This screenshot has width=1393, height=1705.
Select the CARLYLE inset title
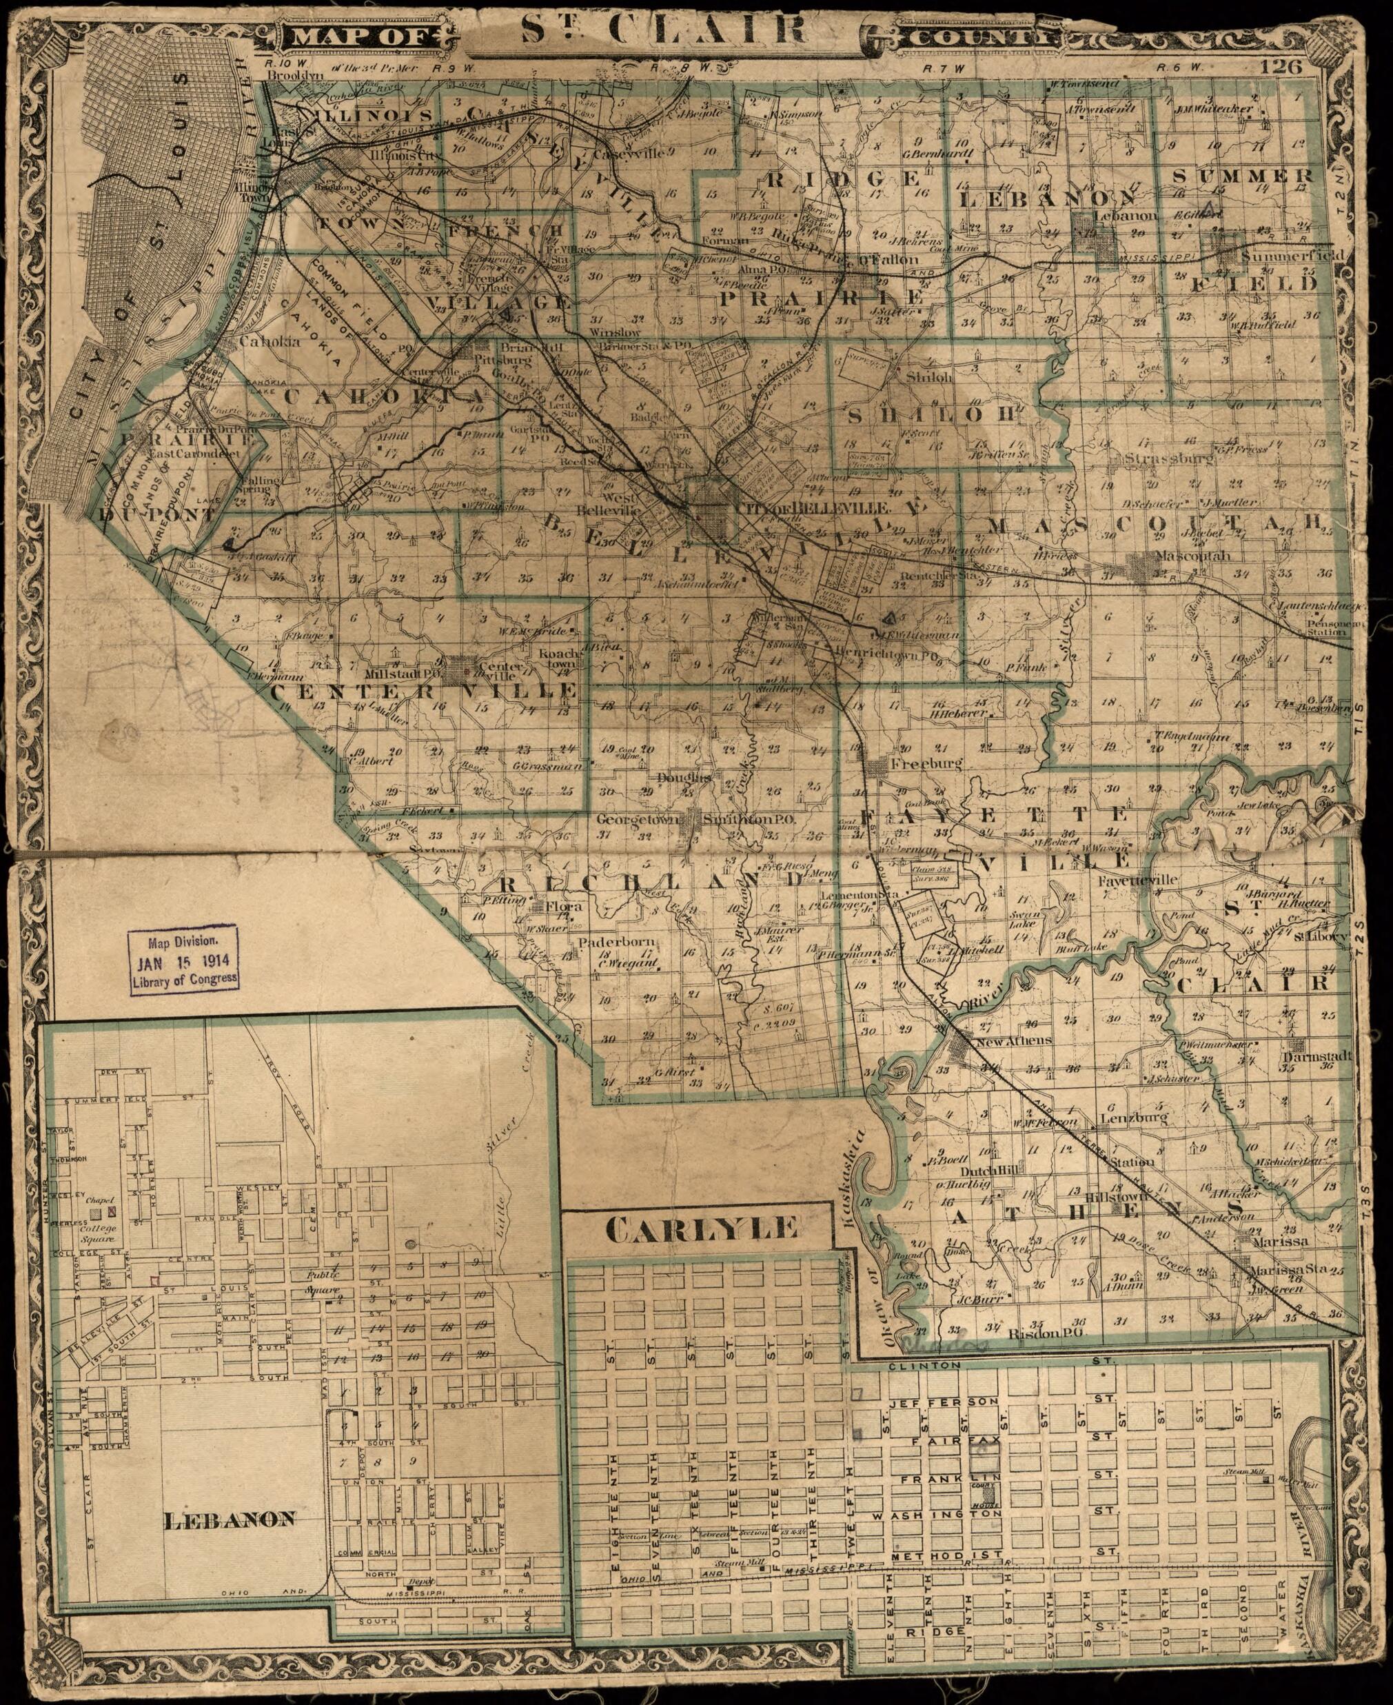(x=702, y=1229)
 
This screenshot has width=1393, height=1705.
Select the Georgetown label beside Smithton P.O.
(x=638, y=820)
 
